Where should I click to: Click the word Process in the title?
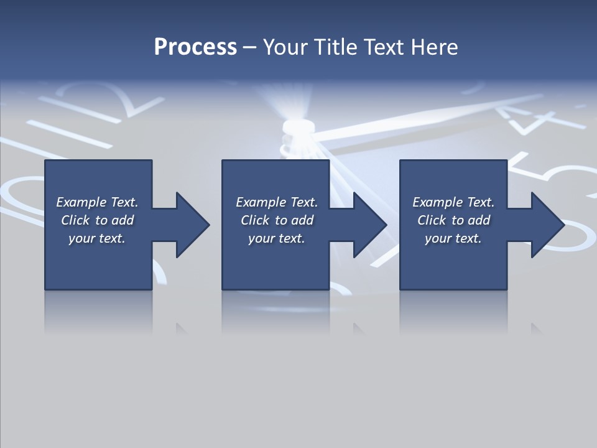pos(195,47)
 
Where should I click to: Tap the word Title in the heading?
pos(337,47)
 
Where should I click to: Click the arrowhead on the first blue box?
pos(190,225)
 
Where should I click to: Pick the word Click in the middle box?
pos(255,220)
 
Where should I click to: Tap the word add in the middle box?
pos(302,220)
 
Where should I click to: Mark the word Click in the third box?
pos(432,220)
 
